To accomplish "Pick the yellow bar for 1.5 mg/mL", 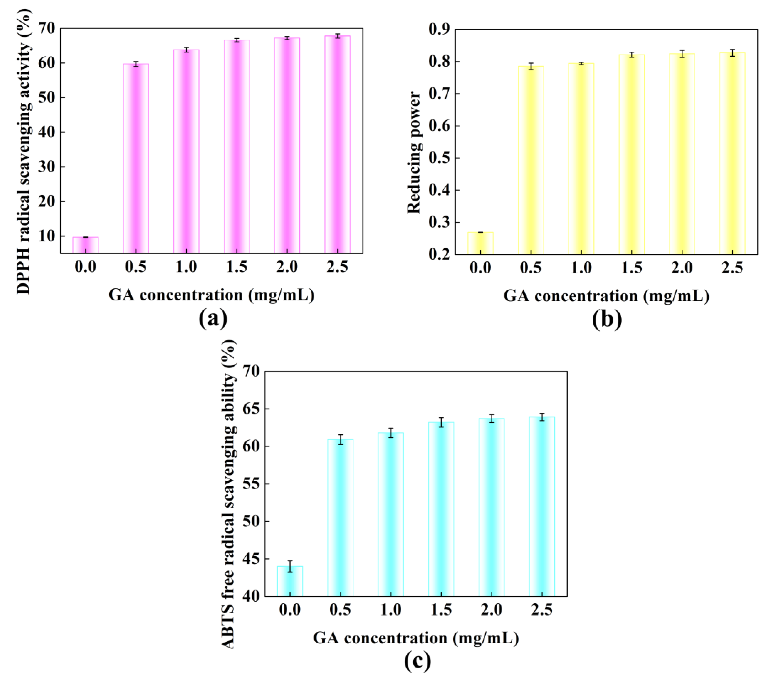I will pyautogui.click(x=632, y=154).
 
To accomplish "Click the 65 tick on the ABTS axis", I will pyautogui.click(x=251, y=409).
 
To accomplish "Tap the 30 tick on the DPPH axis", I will pyautogui.click(x=46, y=167).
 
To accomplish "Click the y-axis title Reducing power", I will pyautogui.click(x=414, y=152).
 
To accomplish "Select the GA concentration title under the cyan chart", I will pyautogui.click(x=416, y=638).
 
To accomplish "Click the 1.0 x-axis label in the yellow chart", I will pyautogui.click(x=581, y=268).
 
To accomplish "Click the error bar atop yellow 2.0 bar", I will pyautogui.click(x=682, y=54).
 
